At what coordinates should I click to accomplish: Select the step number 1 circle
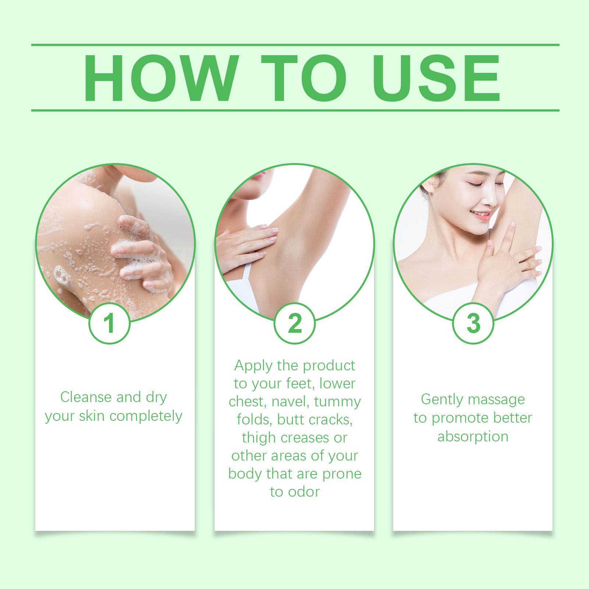click(110, 323)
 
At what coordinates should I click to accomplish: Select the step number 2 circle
click(295, 323)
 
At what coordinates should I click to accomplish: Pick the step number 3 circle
click(473, 323)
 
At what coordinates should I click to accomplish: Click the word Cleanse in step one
click(86, 397)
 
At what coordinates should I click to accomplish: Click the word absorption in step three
click(473, 437)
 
